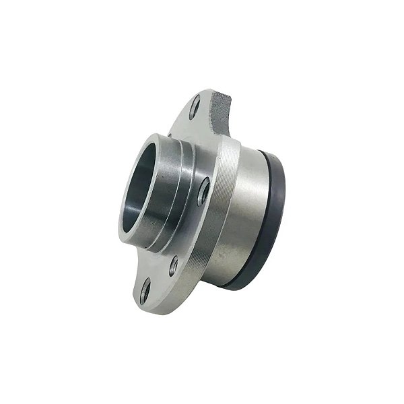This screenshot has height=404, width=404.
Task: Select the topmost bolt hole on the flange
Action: pyautogui.click(x=195, y=107)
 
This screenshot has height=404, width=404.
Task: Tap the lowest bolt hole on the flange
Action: pyautogui.click(x=145, y=291)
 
